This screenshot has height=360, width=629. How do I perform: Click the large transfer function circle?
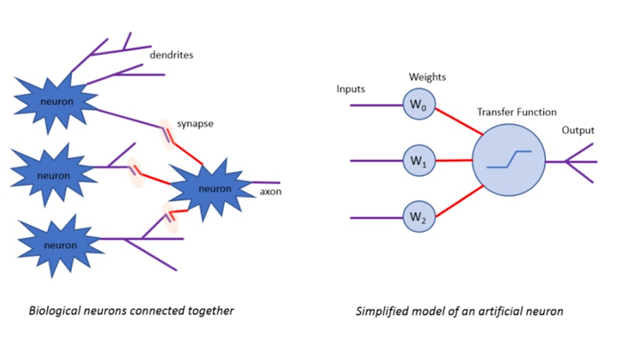coord(508,161)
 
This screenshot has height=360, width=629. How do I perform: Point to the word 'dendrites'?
coord(171,55)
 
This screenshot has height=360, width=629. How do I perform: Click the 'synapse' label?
coord(197,125)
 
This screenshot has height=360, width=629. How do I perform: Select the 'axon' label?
coord(271,191)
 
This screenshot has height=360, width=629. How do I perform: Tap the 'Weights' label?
coord(427,77)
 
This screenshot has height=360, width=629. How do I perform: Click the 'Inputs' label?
coord(351,89)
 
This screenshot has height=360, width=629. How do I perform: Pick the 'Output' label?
coord(578,130)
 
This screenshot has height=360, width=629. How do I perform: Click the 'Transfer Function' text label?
coord(517,112)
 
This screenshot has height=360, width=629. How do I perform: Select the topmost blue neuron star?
coord(56,102)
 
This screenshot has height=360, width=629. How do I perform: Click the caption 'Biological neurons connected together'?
coord(131,310)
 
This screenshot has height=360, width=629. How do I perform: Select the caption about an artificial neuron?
coord(459,311)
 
